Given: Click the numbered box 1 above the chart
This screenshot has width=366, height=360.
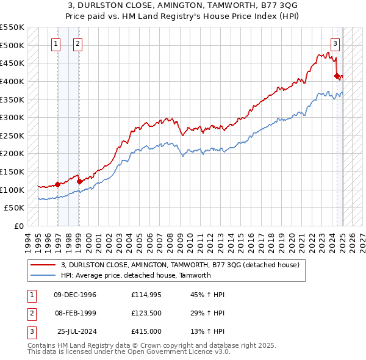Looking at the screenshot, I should pyautogui.click(x=56, y=43).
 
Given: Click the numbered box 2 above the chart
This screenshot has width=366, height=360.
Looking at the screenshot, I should pyautogui.click(x=79, y=43).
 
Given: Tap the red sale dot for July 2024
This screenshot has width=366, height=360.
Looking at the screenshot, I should pyautogui.click(x=337, y=76).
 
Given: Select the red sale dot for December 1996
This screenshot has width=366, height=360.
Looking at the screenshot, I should pyautogui.click(x=57, y=184).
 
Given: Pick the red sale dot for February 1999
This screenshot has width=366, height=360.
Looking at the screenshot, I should pyautogui.click(x=79, y=181).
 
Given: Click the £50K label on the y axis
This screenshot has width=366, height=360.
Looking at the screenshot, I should pyautogui.click(x=14, y=207).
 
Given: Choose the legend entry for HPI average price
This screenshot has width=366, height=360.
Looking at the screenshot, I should pyautogui.click(x=135, y=275).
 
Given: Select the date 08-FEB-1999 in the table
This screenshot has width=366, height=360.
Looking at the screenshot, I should pyautogui.click(x=75, y=312).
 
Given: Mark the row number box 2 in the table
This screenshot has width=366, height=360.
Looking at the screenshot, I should pyautogui.click(x=30, y=312).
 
